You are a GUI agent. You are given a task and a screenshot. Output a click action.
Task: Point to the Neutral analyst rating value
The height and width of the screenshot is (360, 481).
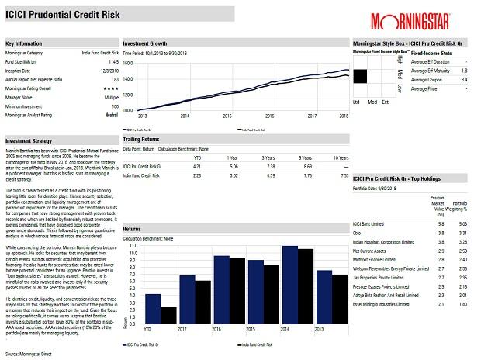pyautogui.click(x=111, y=114)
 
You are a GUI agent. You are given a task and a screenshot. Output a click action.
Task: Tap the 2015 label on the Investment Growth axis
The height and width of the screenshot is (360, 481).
pyautogui.click(x=228, y=115)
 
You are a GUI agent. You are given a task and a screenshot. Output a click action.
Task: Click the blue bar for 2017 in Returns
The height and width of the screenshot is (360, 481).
pyautogui.click(x=187, y=301)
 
